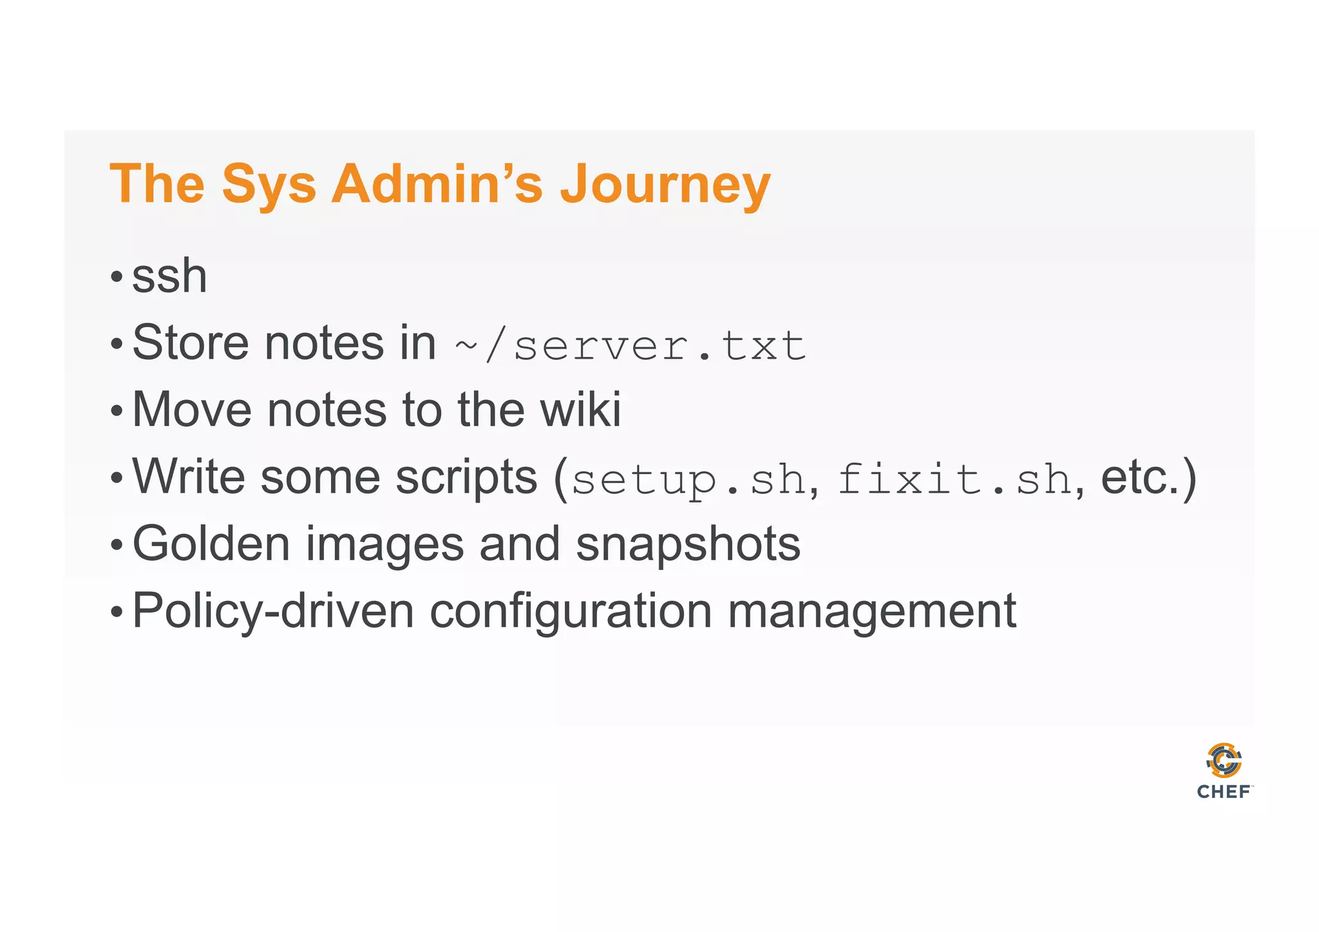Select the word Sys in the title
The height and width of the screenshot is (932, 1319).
point(269,185)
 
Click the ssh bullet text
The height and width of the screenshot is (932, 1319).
point(169,276)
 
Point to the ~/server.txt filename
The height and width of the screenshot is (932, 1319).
point(630,346)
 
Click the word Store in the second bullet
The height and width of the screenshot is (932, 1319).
point(191,343)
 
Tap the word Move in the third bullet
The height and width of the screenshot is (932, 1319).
point(191,410)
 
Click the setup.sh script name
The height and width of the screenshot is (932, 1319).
point(688,480)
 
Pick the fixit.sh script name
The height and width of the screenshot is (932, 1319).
point(954,480)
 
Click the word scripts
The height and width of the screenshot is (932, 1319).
point(466,478)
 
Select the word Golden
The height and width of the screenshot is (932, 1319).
point(211,544)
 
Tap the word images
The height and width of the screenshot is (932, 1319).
point(384,546)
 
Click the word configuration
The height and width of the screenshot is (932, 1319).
point(571,612)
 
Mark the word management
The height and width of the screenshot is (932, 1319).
point(871,612)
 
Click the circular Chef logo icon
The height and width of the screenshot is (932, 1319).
point(1224,761)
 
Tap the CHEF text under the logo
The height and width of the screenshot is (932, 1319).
point(1224,792)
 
